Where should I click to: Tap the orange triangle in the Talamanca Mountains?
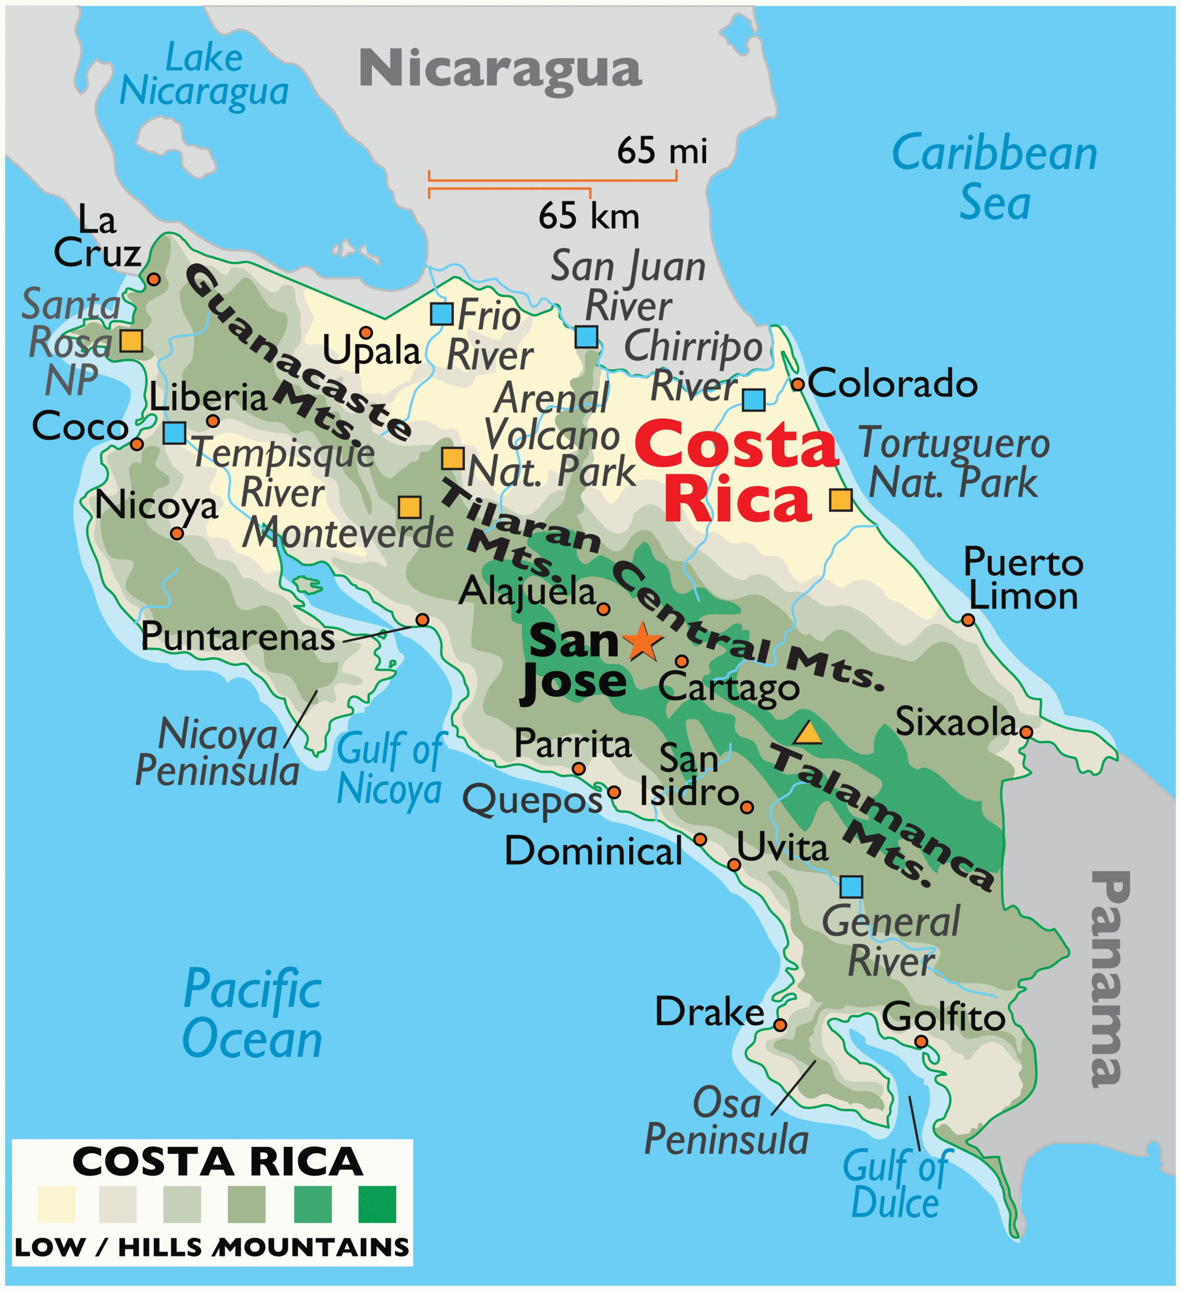[x=808, y=733]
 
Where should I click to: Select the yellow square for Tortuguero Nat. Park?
[x=841, y=499]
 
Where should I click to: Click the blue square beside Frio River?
[x=442, y=314]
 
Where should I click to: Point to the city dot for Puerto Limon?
[x=968, y=620]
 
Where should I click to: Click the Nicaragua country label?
[x=500, y=69]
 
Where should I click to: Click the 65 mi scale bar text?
[x=662, y=151]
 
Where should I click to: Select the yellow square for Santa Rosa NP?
[x=131, y=341]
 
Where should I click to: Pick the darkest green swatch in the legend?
[x=378, y=1204]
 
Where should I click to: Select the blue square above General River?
[x=851, y=887]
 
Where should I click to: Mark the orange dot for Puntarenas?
[x=422, y=619]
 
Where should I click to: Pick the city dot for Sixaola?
[x=1026, y=732]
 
